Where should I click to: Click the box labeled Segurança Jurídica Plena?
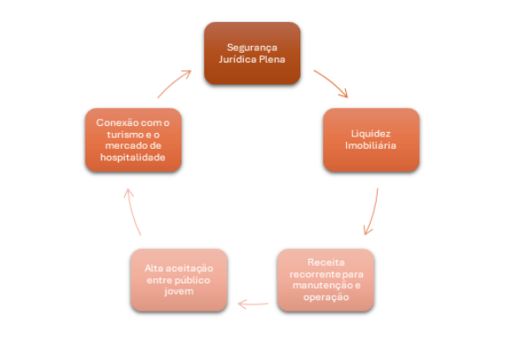[252, 53]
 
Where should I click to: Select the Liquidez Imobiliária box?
[371, 140]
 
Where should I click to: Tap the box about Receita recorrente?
[326, 280]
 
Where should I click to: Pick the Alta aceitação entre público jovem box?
[179, 280]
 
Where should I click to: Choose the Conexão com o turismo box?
[134, 140]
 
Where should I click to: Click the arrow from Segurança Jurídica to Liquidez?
[332, 82]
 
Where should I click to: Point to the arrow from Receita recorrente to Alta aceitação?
[253, 305]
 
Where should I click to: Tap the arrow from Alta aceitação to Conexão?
[132, 212]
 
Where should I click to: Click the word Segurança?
[252, 48]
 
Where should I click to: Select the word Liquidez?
[371, 134]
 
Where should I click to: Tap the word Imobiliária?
[371, 145]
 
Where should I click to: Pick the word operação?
[326, 298]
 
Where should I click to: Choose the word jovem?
[179, 291]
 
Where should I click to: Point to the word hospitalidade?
[133, 158]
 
